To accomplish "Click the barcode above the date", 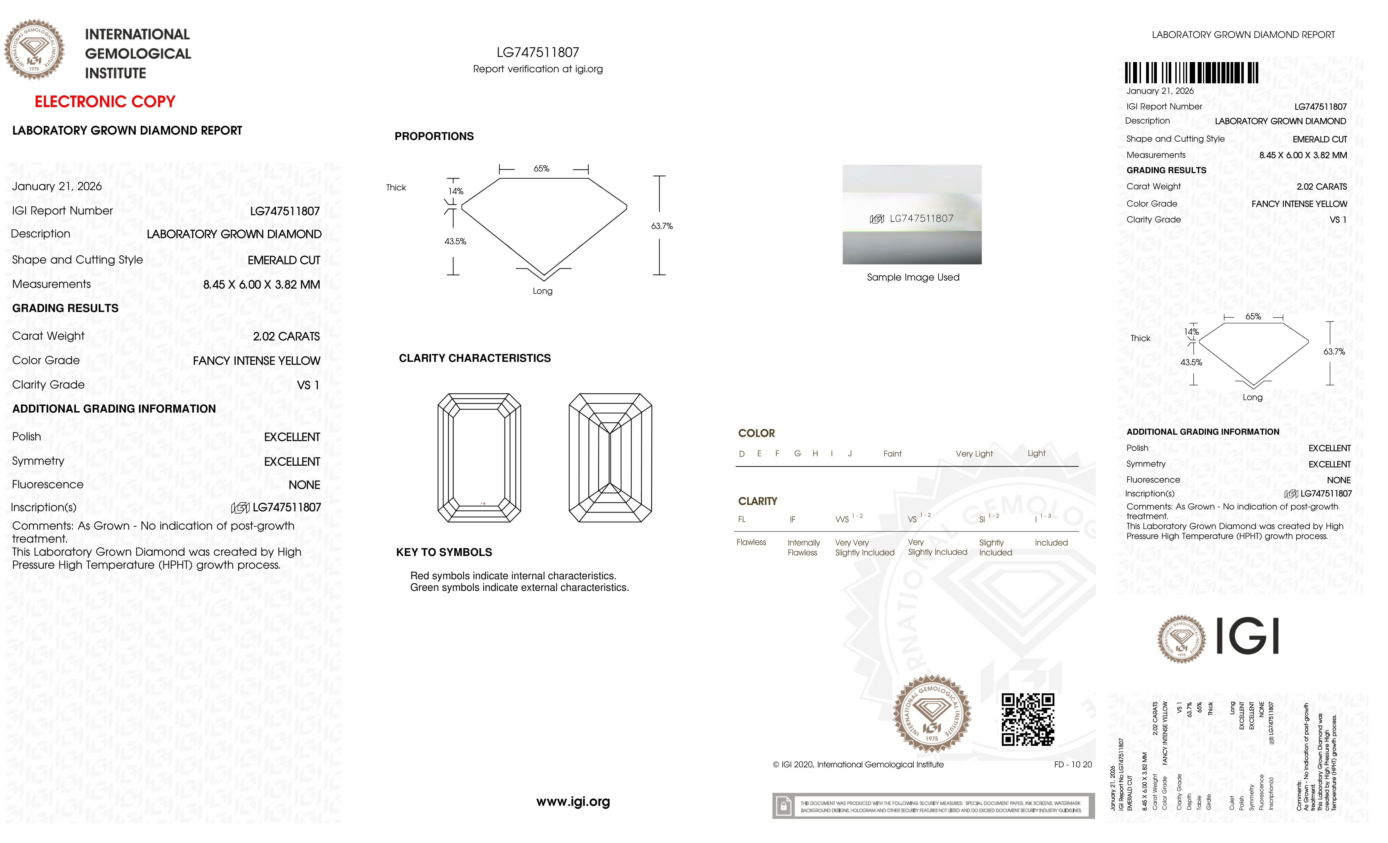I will click(x=1191, y=73).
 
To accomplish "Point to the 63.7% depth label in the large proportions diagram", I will click(x=662, y=226).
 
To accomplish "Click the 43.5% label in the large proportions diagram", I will click(x=455, y=241).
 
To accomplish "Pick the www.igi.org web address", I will click(x=573, y=801).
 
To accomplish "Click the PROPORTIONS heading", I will click(x=434, y=136).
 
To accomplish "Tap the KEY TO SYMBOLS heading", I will click(x=444, y=552).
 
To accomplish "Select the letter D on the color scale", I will click(x=742, y=454).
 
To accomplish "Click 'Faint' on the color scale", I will click(x=892, y=454).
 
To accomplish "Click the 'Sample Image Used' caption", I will click(x=913, y=277).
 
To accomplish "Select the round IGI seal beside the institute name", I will click(x=34, y=50).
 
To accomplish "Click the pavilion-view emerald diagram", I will click(x=610, y=458).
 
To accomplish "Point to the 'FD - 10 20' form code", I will click(x=1072, y=765).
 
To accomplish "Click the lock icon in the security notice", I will click(x=783, y=806).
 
